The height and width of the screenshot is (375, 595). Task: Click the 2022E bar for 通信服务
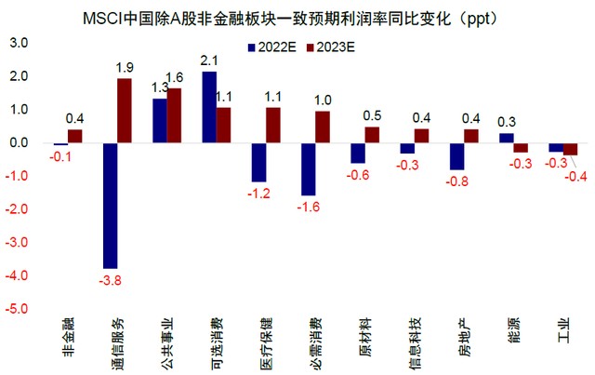110,205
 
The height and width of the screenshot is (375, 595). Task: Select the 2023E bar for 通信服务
125,111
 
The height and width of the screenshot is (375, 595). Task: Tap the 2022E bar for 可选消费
209,107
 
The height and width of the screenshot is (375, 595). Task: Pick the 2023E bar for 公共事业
174,116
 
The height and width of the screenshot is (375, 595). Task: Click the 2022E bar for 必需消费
308,169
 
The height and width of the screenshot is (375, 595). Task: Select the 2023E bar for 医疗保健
273,125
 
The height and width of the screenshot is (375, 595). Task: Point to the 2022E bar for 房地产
456,156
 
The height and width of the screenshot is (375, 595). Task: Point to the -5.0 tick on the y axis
19,309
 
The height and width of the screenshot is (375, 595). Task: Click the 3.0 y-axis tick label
20,44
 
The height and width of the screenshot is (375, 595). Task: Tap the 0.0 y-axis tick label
20,143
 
